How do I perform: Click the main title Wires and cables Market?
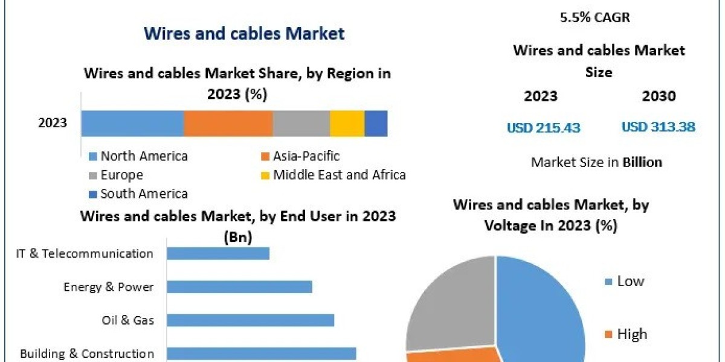click(243, 33)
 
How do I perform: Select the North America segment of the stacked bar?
click(132, 123)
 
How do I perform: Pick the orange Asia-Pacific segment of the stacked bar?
click(228, 123)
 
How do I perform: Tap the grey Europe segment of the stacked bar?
click(301, 123)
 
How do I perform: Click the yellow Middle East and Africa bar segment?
click(347, 123)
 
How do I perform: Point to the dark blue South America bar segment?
click(376, 123)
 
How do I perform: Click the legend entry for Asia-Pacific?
click(306, 156)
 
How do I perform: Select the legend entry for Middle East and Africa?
click(338, 175)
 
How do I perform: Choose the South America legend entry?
click(143, 194)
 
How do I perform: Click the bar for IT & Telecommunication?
click(217, 253)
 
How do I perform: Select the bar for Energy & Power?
click(239, 287)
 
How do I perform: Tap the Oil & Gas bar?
click(250, 320)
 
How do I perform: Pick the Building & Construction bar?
click(261, 353)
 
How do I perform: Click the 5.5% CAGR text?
click(595, 17)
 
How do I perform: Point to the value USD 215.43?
click(543, 127)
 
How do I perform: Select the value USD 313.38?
click(658, 127)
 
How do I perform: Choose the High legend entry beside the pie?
click(631, 334)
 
